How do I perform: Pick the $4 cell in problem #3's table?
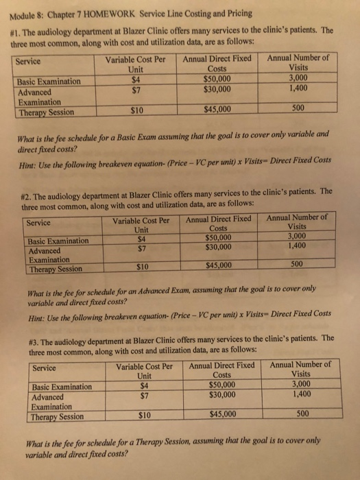[x=144, y=385]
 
